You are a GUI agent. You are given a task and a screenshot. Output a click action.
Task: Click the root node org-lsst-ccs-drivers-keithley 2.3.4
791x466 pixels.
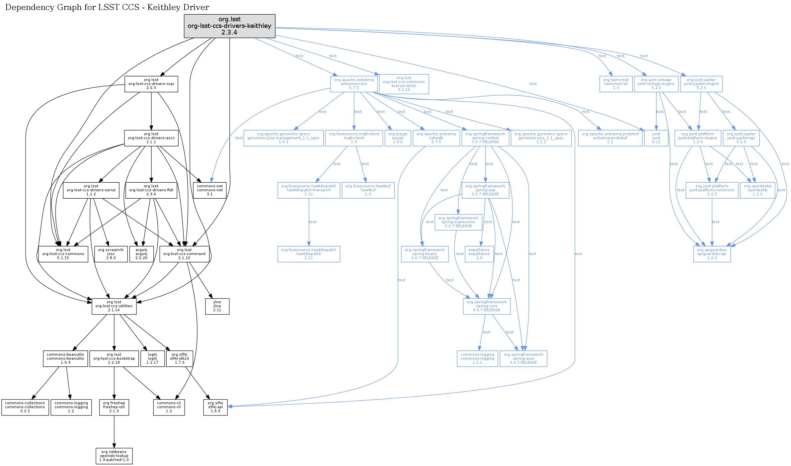229,26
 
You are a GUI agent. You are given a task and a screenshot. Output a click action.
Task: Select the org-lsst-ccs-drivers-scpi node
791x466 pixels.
151,84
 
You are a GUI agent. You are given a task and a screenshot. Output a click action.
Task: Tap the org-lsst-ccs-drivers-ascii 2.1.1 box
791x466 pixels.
151,138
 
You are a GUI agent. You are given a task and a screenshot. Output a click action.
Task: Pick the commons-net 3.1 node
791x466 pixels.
210,190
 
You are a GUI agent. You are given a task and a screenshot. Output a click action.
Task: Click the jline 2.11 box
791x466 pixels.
217,306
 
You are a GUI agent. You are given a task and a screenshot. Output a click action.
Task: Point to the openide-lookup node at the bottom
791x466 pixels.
114,456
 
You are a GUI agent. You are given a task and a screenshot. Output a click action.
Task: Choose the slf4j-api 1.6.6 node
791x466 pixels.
215,407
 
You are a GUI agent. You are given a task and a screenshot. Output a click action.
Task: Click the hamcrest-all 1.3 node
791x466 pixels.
616,84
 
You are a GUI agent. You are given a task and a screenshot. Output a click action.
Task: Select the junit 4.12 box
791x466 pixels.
656,138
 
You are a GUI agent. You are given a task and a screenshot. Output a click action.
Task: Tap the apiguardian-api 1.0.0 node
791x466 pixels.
712,254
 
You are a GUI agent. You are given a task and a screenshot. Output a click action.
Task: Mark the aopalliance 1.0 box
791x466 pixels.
479,254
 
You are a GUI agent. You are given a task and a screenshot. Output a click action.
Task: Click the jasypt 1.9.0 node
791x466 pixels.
398,138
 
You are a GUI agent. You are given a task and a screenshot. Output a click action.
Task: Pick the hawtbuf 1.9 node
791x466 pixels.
368,190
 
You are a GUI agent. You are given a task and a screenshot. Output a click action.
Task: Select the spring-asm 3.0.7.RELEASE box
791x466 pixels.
523,358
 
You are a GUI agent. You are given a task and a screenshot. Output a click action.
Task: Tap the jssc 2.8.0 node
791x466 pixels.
111,254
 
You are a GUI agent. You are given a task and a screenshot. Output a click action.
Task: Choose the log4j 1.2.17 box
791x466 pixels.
152,358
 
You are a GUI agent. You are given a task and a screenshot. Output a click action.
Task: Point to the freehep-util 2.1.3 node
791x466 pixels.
114,407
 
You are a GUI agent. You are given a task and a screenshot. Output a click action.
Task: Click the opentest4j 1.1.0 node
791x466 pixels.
757,190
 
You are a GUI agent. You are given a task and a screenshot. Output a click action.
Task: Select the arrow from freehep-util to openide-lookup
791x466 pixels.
114,432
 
